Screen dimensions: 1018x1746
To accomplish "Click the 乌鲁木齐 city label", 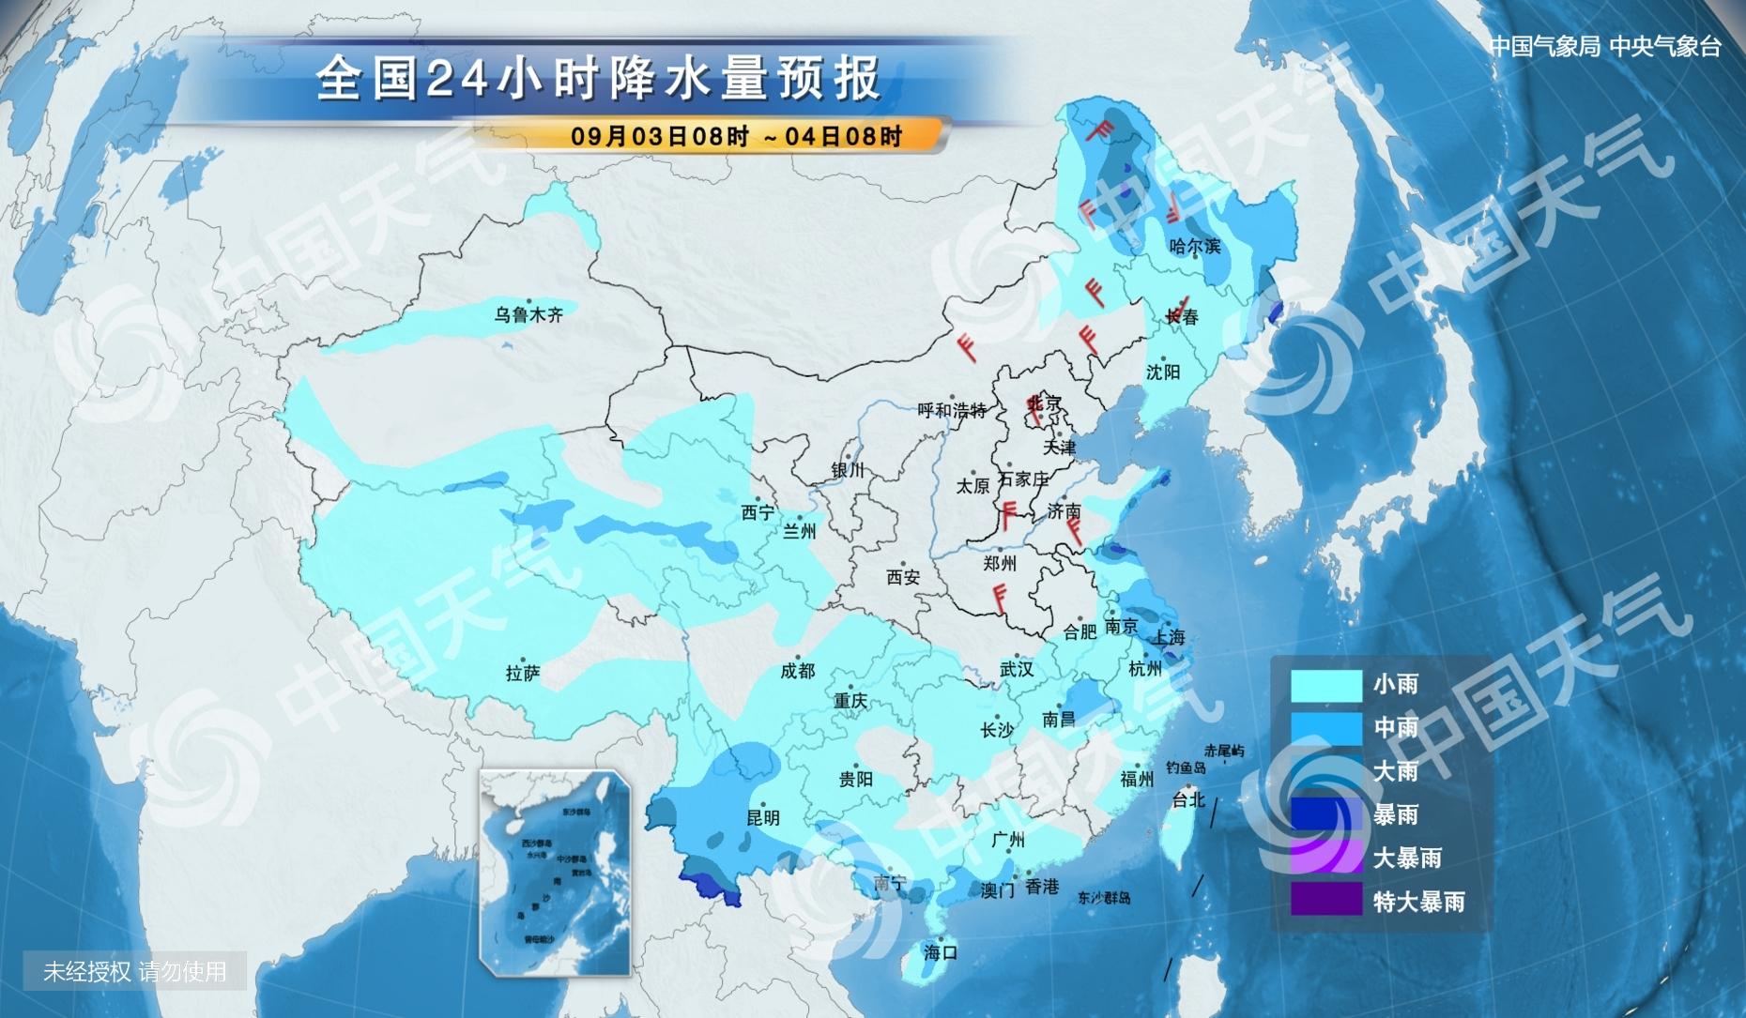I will [528, 315].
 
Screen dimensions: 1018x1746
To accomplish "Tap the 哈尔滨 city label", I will [1195, 247].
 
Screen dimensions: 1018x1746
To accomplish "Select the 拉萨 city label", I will [523, 673].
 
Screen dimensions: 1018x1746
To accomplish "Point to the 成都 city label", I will [797, 671].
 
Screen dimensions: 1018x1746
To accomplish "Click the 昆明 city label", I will [762, 817].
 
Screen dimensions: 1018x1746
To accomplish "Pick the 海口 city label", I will [940, 952].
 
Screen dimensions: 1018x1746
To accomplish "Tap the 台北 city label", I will [1188, 799].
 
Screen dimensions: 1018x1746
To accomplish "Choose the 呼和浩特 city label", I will [952, 410].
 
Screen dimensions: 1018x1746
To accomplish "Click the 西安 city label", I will [903, 578].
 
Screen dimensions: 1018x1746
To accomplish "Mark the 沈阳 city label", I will [1162, 372].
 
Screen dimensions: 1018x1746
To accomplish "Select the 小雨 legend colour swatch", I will [1325, 685].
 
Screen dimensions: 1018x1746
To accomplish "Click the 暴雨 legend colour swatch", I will [1325, 814].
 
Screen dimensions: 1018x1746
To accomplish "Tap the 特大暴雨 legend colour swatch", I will [1325, 901].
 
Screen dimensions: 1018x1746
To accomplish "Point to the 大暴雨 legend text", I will [1406, 858].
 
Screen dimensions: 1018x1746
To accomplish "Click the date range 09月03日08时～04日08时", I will [736, 136].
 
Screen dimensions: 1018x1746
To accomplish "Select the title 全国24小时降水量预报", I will [598, 79].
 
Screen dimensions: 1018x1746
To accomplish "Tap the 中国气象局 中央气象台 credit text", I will [1605, 47].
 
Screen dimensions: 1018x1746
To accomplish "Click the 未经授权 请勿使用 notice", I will [135, 971].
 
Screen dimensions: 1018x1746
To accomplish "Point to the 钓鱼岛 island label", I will [1186, 767].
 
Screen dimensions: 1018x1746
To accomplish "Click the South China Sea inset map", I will [554, 873].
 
